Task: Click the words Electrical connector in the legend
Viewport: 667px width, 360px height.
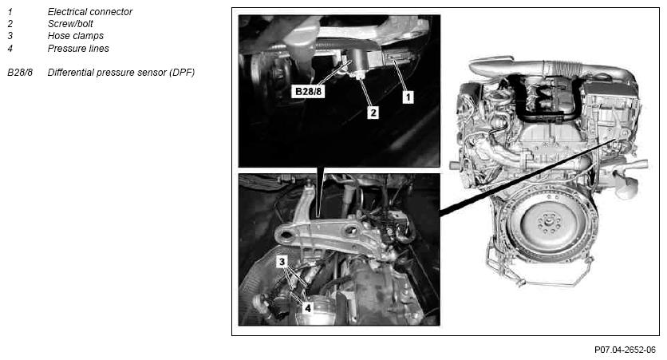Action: [x=89, y=12]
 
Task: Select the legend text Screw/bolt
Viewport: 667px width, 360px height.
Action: [x=70, y=24]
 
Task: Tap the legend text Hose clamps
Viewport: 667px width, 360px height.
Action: [x=75, y=36]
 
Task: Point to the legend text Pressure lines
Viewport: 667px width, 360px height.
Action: [x=78, y=49]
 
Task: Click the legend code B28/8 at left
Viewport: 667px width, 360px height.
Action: [x=20, y=73]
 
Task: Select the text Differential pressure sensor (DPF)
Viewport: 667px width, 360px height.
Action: [x=120, y=73]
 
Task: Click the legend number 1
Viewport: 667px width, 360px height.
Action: [x=10, y=12]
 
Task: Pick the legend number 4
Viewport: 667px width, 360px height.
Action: [x=10, y=49]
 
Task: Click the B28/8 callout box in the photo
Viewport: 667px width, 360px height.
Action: [x=309, y=91]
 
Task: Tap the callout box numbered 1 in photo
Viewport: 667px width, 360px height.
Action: [x=408, y=97]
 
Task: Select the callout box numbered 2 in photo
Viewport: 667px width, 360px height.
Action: [x=373, y=113]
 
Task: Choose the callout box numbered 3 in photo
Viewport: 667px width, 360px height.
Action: [x=282, y=262]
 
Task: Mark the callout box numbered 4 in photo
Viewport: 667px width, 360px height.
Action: [x=307, y=307]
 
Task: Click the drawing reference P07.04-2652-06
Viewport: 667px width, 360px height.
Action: [x=625, y=350]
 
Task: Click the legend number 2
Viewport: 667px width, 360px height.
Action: [x=10, y=24]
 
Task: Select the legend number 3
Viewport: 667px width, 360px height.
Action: [x=10, y=36]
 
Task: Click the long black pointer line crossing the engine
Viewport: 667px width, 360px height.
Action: [x=527, y=176]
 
